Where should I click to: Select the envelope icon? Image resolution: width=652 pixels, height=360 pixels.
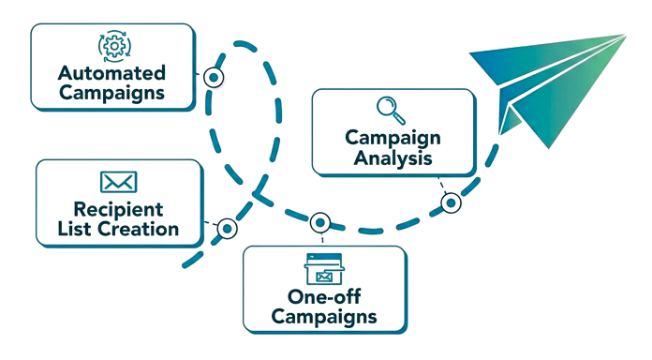pyautogui.click(x=119, y=183)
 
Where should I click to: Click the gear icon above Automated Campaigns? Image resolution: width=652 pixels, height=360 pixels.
pyautogui.click(x=111, y=45)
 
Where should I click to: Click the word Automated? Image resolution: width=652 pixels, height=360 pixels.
pyautogui.click(x=112, y=72)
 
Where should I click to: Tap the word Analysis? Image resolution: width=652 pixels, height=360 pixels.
pyautogui.click(x=393, y=157)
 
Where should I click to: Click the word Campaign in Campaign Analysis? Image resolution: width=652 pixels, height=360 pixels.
pyautogui.click(x=393, y=138)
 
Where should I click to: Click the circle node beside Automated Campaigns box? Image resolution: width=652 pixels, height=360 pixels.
pyautogui.click(x=215, y=77)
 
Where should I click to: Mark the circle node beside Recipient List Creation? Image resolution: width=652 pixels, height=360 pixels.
pyautogui.click(x=227, y=228)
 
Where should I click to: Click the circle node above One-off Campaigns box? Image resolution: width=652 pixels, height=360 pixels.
pyautogui.click(x=321, y=223)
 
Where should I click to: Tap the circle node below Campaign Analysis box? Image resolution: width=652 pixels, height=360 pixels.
pyautogui.click(x=451, y=202)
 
